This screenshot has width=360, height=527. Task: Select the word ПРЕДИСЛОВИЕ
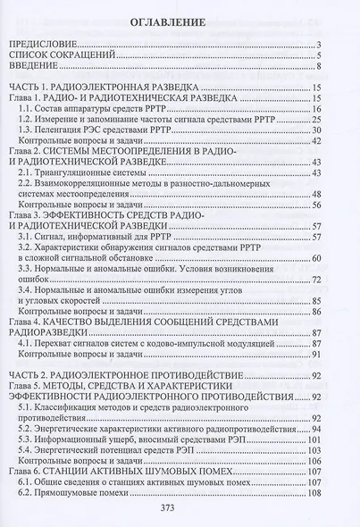(41, 44)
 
